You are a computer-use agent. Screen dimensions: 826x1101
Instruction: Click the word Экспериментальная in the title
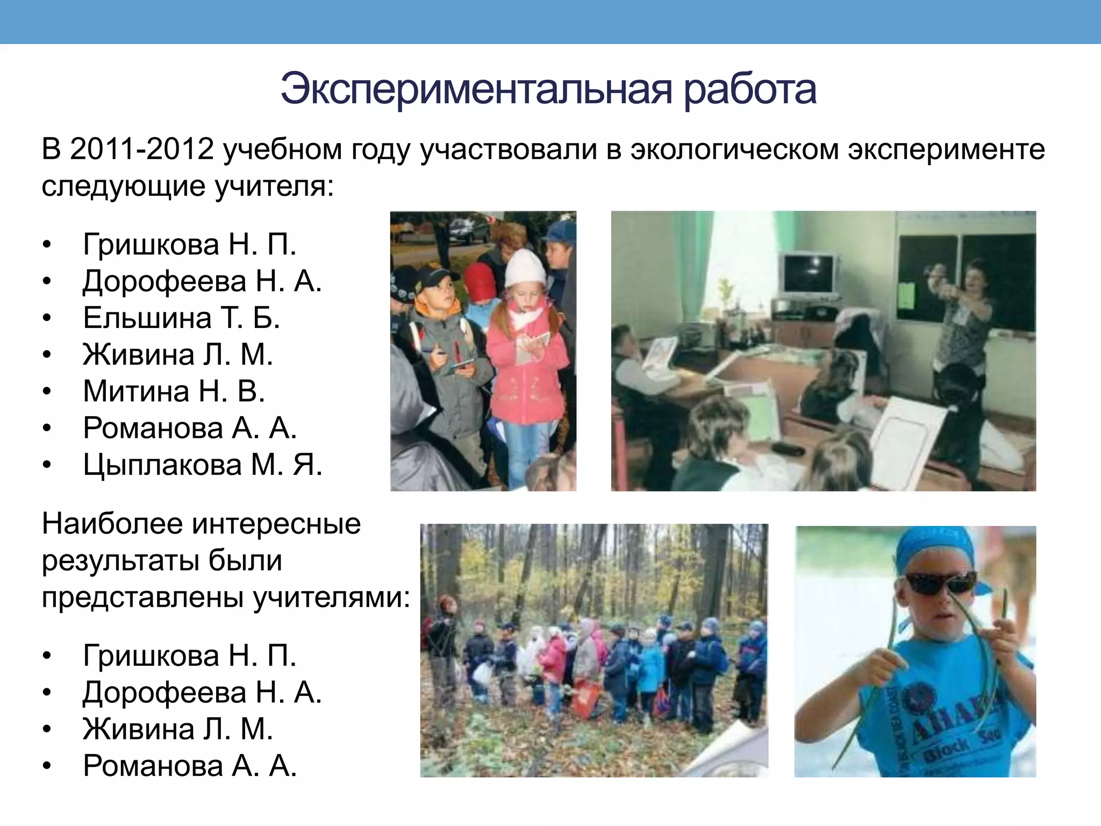tap(476, 89)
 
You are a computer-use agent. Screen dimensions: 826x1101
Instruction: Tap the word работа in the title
tap(750, 89)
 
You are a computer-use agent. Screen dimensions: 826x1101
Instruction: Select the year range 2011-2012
tap(142, 149)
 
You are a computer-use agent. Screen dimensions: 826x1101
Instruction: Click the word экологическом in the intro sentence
tap(734, 149)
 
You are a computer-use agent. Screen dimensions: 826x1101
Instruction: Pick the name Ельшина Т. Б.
tap(181, 317)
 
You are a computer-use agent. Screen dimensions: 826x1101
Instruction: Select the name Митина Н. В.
tap(174, 391)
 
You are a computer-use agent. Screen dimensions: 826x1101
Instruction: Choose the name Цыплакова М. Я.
tap(202, 465)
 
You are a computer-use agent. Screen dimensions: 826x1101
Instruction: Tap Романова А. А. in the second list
tap(189, 766)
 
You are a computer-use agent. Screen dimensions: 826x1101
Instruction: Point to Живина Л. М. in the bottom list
tap(177, 729)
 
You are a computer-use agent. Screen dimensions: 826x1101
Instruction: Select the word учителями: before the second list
tap(331, 597)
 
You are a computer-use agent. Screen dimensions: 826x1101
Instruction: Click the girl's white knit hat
tap(525, 267)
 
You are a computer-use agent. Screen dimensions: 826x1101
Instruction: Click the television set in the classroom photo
tap(809, 274)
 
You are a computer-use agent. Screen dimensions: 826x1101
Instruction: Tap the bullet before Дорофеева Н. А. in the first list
tap(47, 281)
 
